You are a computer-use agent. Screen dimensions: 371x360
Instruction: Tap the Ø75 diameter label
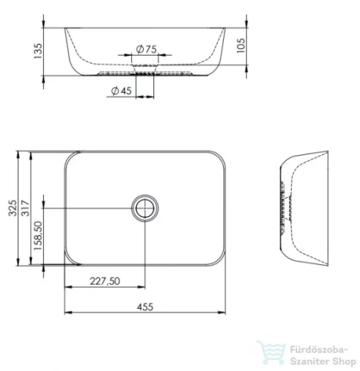pyautogui.click(x=145, y=49)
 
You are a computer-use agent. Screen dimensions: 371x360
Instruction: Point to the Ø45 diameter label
pyautogui.click(x=121, y=91)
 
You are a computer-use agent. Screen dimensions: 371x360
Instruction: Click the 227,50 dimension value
pyautogui.click(x=105, y=281)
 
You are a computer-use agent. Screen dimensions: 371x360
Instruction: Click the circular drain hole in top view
pyautogui.click(x=145, y=208)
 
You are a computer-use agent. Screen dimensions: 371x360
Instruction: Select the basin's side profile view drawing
pyautogui.click(x=303, y=208)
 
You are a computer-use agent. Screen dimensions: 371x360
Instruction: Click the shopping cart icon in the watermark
pyautogui.click(x=268, y=351)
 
